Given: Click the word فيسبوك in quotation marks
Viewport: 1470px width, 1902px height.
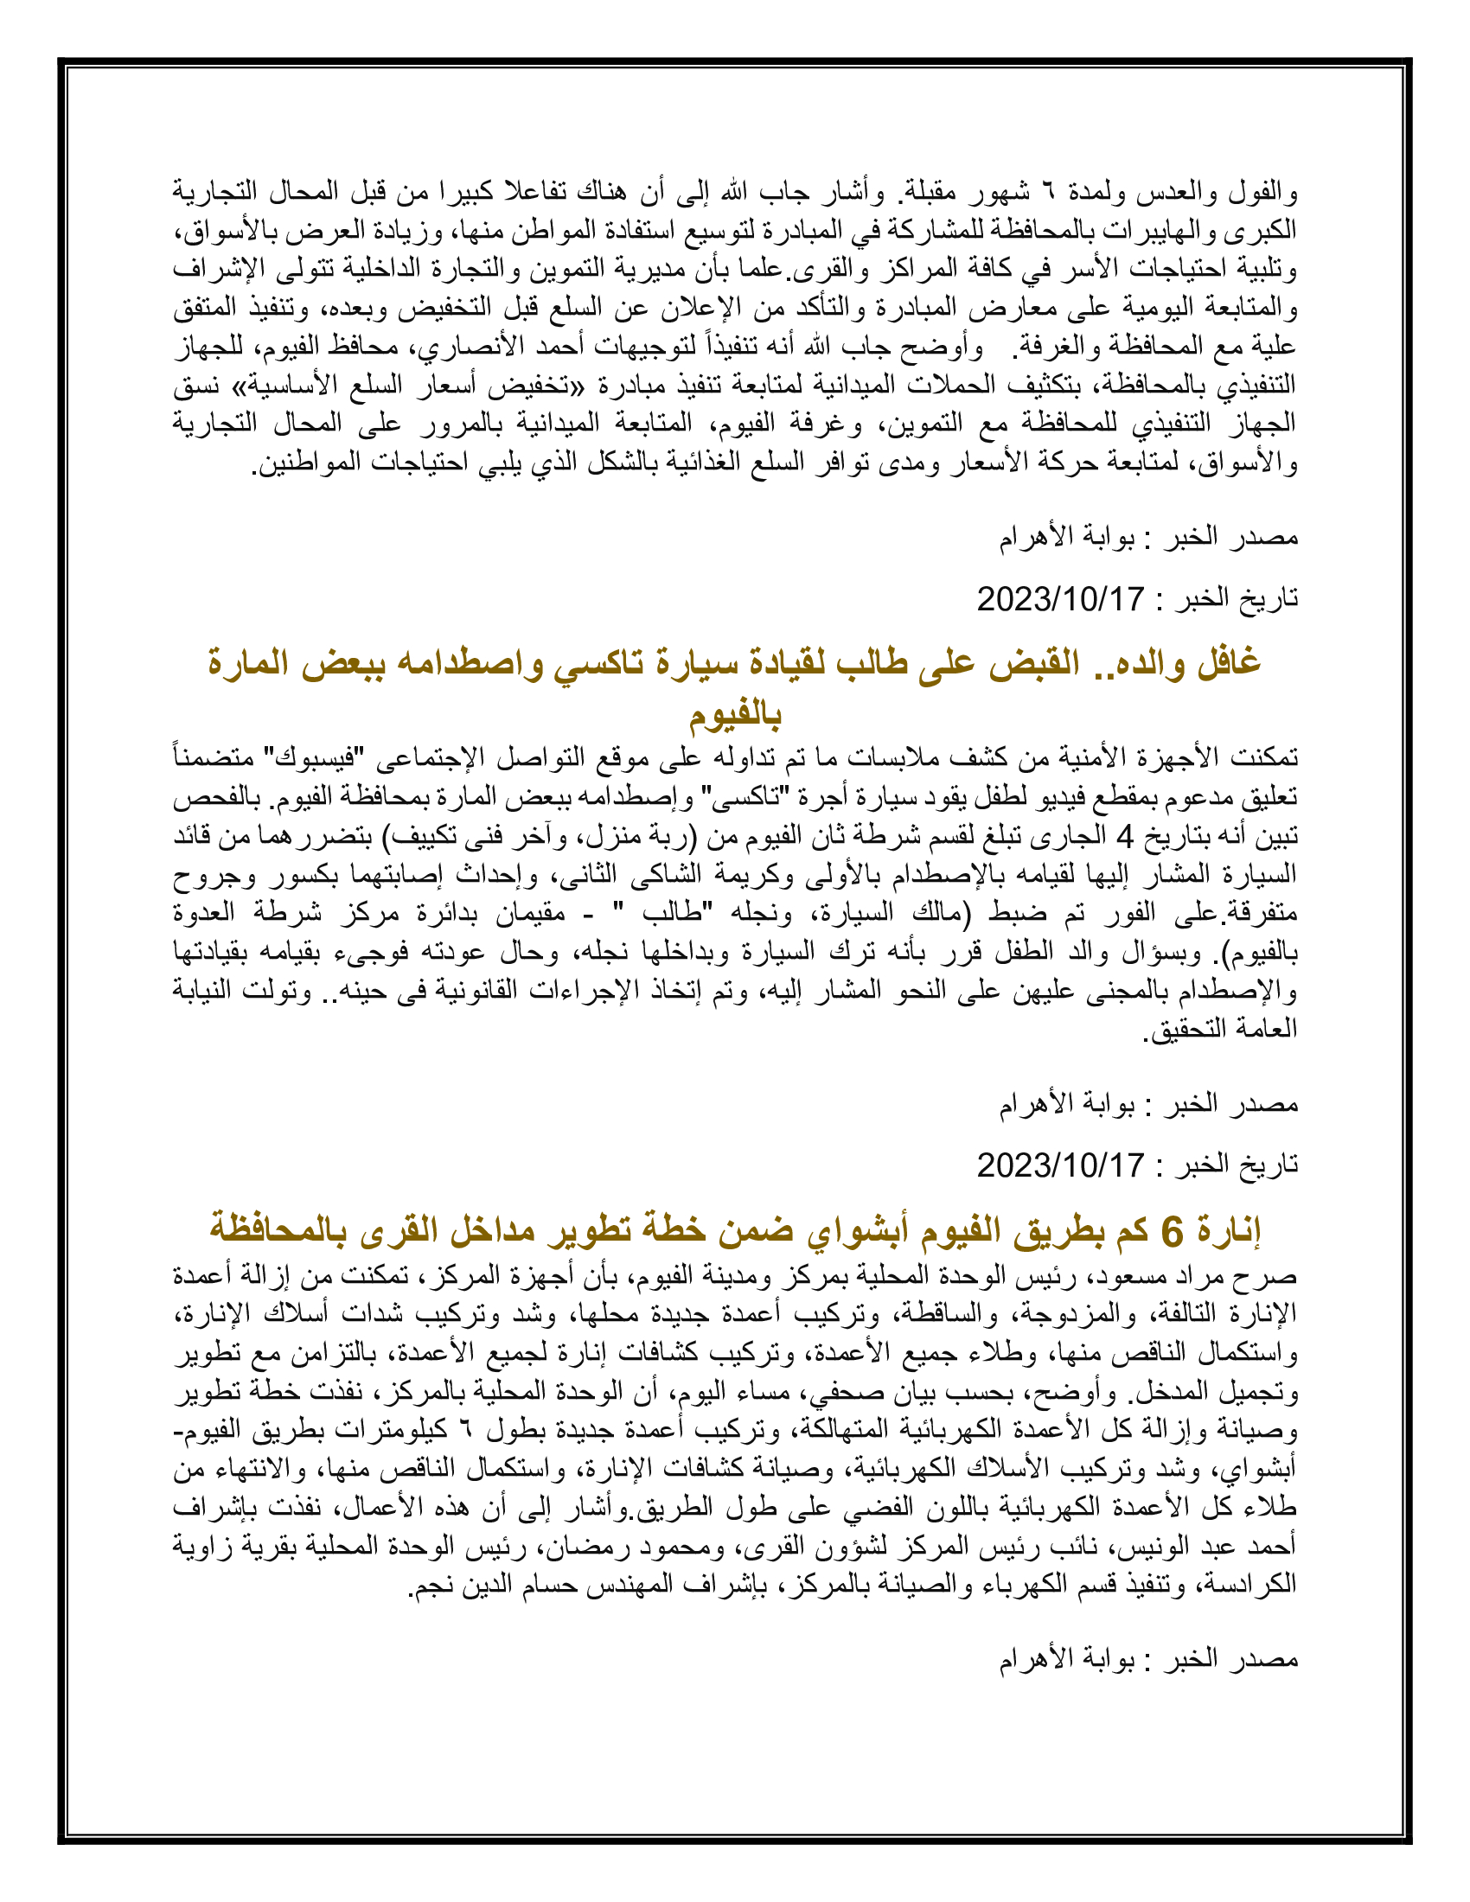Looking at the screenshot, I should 314,757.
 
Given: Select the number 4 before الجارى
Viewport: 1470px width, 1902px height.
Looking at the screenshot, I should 1125,838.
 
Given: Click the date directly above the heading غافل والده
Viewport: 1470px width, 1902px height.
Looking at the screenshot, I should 1060,599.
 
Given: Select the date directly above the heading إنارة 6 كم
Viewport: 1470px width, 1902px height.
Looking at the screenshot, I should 1060,1165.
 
